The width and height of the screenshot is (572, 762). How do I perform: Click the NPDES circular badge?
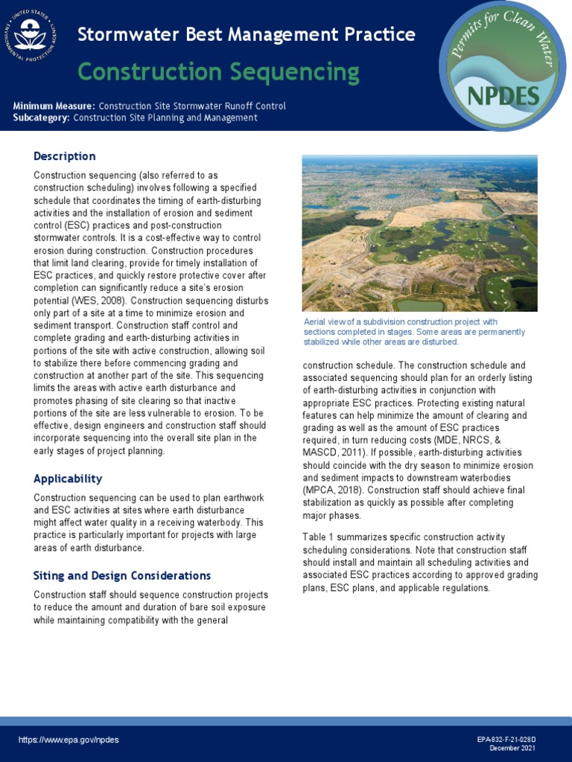[x=503, y=65]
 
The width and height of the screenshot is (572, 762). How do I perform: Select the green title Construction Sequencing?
[x=218, y=72]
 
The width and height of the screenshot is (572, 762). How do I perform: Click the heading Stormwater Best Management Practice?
[x=247, y=34]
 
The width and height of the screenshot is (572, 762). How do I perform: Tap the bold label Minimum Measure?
[x=54, y=106]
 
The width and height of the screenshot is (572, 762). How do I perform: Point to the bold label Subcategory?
[x=42, y=118]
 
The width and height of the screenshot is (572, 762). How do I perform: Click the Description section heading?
[x=64, y=156]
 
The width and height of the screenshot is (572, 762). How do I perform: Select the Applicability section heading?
[x=68, y=478]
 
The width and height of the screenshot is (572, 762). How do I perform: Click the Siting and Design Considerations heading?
[x=122, y=576]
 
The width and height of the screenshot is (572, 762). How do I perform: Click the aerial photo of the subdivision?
[x=419, y=233]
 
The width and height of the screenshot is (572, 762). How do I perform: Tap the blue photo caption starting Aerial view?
[x=413, y=332]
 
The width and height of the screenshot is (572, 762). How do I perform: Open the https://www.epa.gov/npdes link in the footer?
[x=69, y=740]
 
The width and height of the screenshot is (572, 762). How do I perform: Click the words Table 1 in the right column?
[x=319, y=537]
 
